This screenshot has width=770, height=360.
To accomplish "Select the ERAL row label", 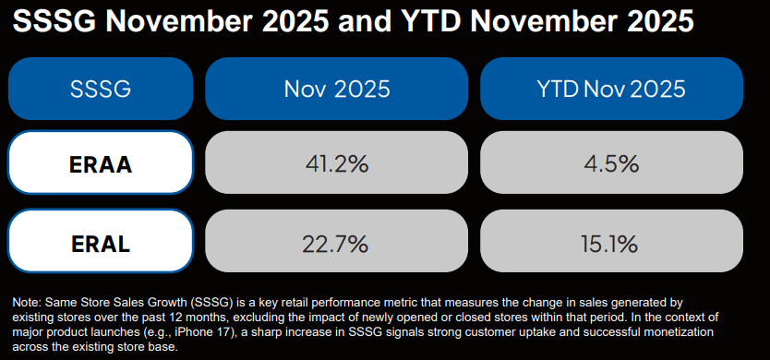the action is (x=101, y=241).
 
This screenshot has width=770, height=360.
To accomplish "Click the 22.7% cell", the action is (x=336, y=241).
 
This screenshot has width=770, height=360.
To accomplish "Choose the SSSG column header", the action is (x=101, y=89).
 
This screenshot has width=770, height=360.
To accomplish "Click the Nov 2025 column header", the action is (x=336, y=89).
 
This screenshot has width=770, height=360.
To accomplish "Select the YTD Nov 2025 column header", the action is (x=611, y=89).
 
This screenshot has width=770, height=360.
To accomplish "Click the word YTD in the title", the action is (x=418, y=21).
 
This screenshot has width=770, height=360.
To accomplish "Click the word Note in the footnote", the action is (x=23, y=302).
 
